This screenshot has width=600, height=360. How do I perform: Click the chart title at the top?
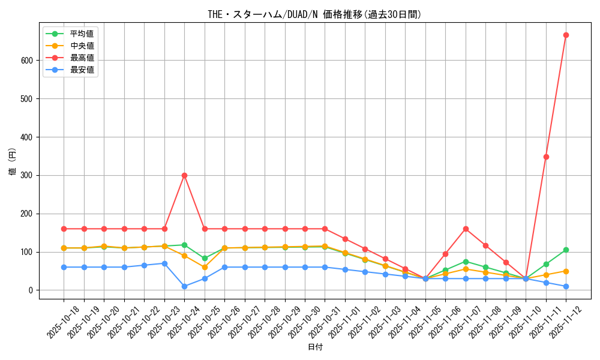click(314, 14)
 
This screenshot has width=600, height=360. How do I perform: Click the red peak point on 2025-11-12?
click(566, 35)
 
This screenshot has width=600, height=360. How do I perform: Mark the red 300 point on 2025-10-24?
click(184, 175)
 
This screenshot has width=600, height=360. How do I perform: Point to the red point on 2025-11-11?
click(546, 157)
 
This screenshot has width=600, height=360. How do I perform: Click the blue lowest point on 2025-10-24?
click(184, 286)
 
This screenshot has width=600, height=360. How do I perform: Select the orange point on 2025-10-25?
click(205, 267)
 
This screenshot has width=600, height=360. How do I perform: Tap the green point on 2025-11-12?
click(566, 250)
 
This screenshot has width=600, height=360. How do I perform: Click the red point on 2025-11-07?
click(466, 229)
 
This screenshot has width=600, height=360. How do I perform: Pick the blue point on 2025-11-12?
click(566, 286)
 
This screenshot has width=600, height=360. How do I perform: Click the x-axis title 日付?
click(315, 347)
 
